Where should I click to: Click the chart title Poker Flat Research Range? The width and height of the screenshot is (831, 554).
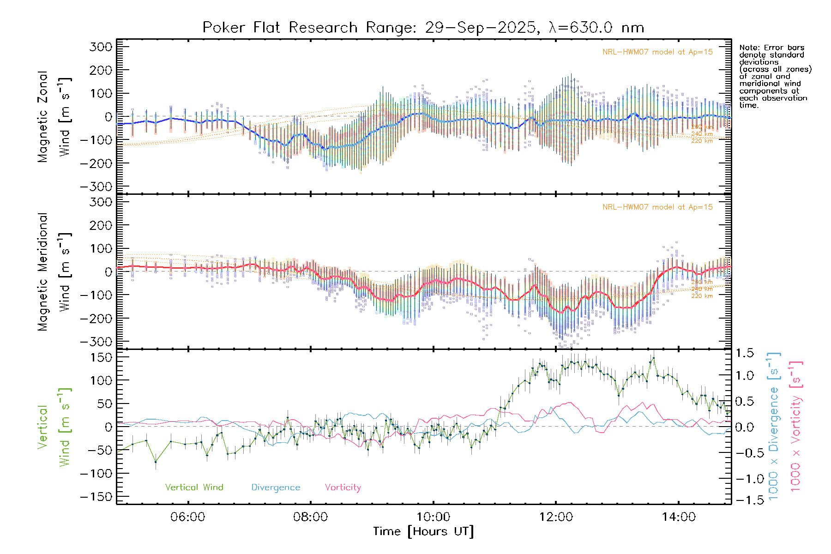[x=423, y=28]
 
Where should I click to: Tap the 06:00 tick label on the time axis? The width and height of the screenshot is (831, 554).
[x=187, y=517]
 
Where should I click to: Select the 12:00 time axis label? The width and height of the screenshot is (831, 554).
[x=556, y=517]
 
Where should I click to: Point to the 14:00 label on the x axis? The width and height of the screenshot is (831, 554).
[x=678, y=517]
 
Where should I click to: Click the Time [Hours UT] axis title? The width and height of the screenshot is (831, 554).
[x=423, y=531]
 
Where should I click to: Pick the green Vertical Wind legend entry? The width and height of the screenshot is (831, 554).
[x=194, y=487]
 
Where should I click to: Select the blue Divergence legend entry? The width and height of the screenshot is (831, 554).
[x=276, y=487]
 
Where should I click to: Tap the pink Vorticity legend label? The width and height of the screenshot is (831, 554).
[x=343, y=487]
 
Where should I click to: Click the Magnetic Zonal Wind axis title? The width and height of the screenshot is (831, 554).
[x=54, y=116]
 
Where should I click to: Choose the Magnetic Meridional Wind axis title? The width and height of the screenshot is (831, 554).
[x=54, y=271]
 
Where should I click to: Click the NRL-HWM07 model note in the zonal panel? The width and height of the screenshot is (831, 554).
[x=657, y=52]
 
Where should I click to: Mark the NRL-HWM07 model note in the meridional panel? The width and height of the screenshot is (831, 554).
[x=657, y=207]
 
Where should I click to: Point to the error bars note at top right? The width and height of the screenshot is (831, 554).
[x=775, y=76]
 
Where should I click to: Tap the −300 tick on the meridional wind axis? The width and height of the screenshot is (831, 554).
[x=96, y=342]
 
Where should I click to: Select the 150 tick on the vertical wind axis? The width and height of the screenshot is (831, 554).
[x=101, y=357]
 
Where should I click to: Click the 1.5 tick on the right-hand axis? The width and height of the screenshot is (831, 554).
[x=745, y=353]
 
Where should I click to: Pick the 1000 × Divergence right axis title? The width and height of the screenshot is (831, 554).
[x=774, y=426]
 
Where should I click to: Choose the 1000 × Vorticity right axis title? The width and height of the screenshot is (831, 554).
[x=796, y=426]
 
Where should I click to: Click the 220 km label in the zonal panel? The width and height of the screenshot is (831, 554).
[x=702, y=141]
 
